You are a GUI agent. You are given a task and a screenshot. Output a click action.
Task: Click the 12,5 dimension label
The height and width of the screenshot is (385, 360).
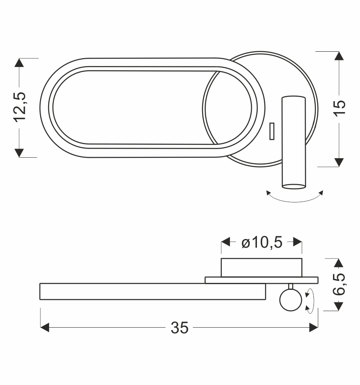[x=20, y=107]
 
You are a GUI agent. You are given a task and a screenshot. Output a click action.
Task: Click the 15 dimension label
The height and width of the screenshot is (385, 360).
[x=340, y=108]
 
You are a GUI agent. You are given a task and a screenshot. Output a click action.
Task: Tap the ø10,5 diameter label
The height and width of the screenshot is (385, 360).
[x=262, y=242]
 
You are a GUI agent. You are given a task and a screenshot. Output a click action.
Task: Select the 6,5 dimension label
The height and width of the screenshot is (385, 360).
[x=339, y=284]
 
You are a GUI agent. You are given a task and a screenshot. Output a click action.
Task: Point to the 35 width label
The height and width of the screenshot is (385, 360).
[x=180, y=328]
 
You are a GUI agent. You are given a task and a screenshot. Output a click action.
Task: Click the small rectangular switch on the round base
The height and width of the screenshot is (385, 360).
[x=272, y=131]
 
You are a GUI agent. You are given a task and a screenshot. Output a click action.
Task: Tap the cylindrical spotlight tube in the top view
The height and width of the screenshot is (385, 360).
[x=294, y=143]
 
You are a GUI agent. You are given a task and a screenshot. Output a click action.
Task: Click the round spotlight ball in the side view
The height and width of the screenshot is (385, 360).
[x=291, y=300]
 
